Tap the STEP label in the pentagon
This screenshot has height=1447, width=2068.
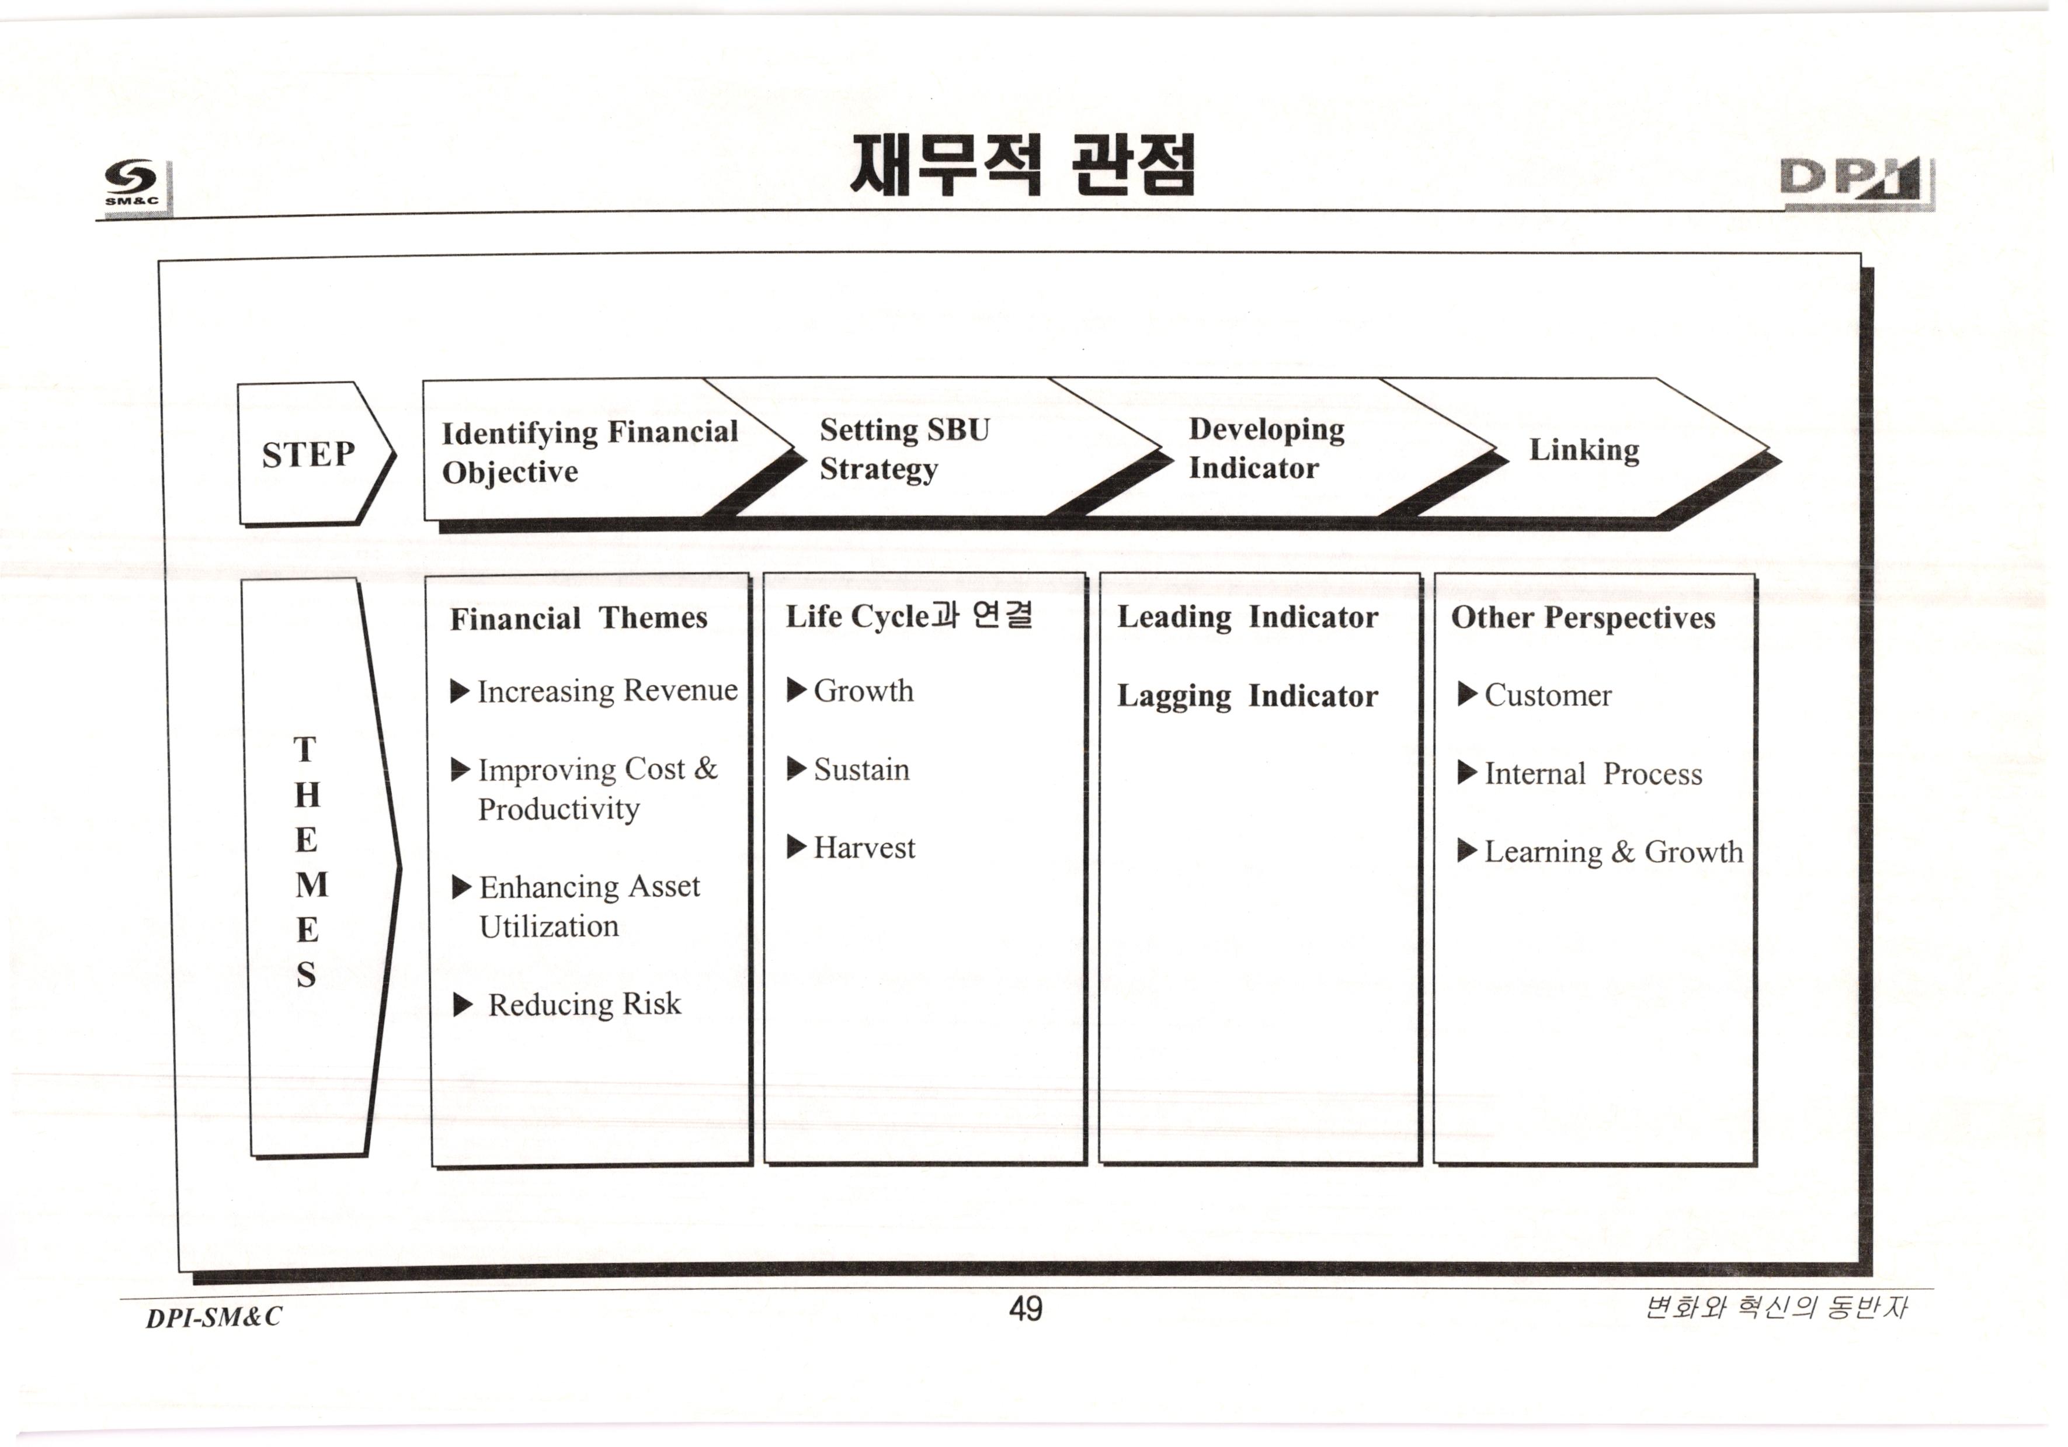[308, 454]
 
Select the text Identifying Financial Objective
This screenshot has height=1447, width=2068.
[589, 452]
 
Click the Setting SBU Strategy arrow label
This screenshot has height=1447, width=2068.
[903, 449]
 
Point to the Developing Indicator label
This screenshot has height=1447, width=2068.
[1266, 448]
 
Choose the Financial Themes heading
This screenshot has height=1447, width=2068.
[578, 618]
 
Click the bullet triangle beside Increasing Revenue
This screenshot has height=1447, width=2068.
[460, 691]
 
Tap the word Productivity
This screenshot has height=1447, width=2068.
[558, 809]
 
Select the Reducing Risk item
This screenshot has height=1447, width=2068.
[583, 1004]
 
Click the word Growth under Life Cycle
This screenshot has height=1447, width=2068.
[863, 691]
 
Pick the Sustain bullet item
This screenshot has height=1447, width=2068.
[861, 769]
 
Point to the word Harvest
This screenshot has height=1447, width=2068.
[864, 848]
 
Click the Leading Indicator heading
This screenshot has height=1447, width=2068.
[1247, 617]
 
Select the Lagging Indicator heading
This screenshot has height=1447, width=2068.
[1247, 696]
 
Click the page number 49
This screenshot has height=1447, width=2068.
[1025, 1308]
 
